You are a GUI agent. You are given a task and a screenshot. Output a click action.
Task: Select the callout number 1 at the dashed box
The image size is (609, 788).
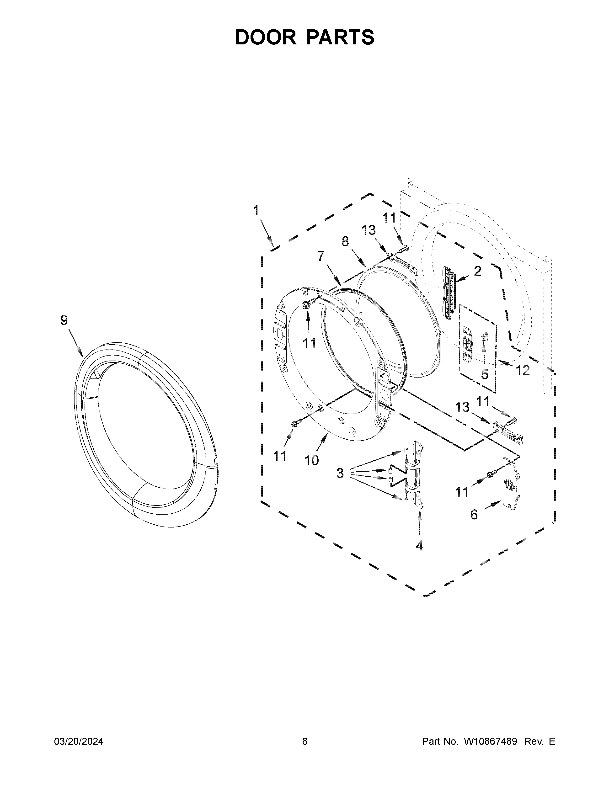coord(256,210)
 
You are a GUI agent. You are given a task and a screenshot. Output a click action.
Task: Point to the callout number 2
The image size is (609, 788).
coord(477,271)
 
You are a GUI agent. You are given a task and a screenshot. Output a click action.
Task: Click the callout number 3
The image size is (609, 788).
coord(340,473)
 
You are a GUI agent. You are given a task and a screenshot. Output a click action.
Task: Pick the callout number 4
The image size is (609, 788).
coord(419,546)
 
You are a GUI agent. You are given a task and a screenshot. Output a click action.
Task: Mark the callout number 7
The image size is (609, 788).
coord(321,256)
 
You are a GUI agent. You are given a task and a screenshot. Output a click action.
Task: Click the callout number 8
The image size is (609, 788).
coord(345,241)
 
